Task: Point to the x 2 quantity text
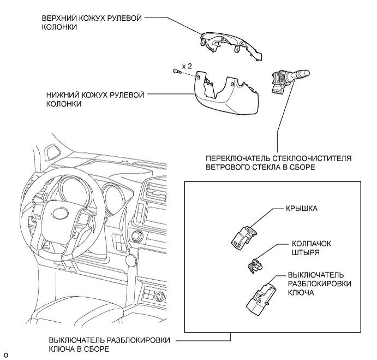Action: pos(187,65)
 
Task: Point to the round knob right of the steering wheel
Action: pos(132,259)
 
